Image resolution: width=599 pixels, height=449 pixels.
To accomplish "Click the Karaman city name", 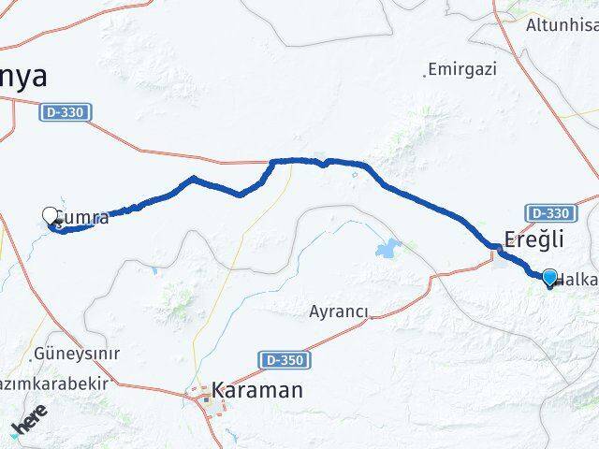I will [x=257, y=389].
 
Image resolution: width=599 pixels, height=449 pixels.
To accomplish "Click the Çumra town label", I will [x=84, y=218].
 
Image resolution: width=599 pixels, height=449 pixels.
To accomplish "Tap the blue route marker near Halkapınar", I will [x=549, y=277].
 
